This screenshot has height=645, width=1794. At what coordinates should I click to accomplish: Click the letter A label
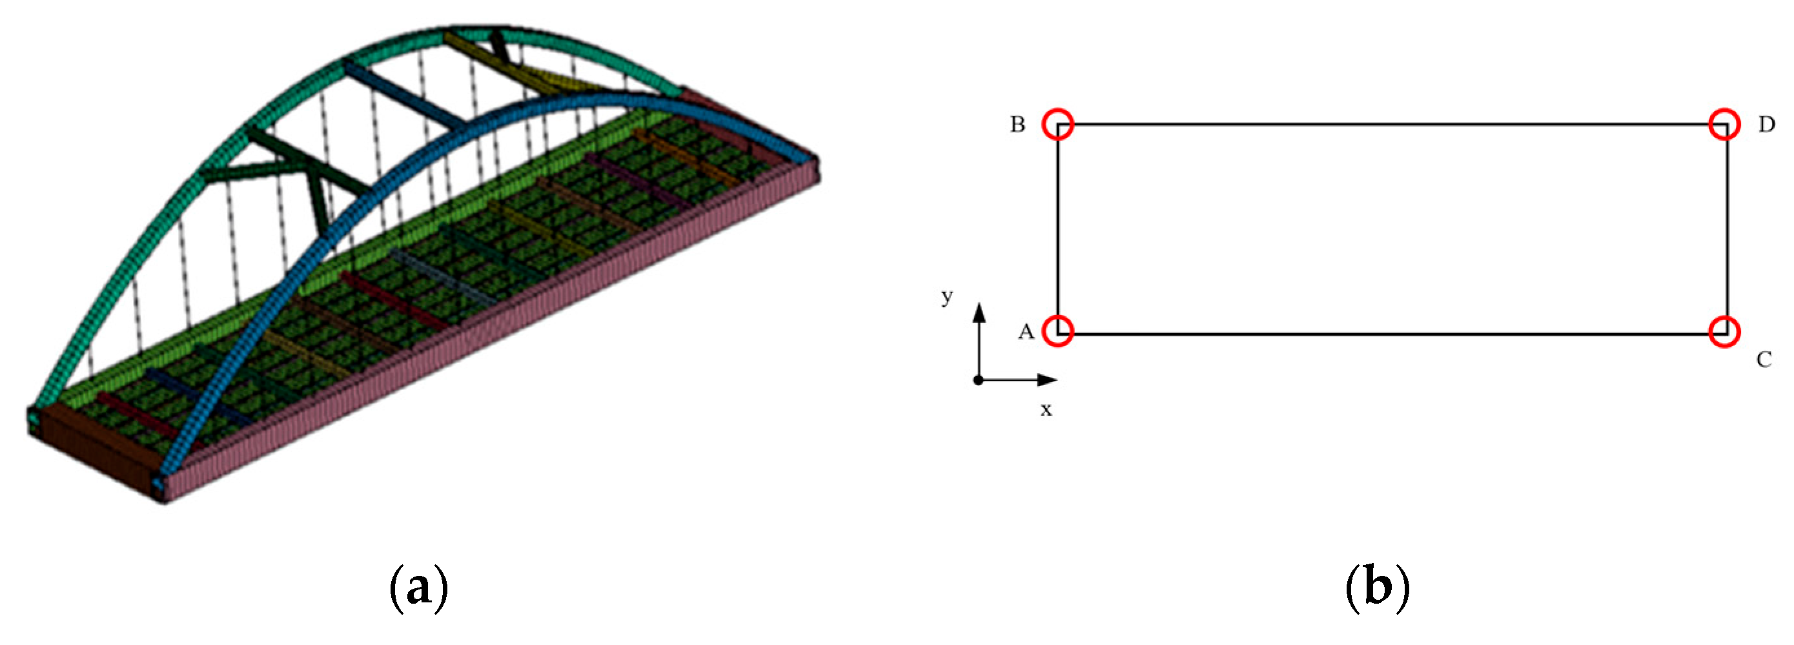coord(1026,333)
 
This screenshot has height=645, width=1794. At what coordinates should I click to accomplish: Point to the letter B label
coord(1017,125)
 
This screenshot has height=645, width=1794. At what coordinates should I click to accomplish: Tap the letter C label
coord(1764,360)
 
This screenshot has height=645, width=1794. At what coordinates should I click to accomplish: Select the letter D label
coord(1766,125)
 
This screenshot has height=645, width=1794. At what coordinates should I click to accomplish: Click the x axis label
coord(1046,410)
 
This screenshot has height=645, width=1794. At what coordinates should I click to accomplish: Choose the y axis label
coord(946,297)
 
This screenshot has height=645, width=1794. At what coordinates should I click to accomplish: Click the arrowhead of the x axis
coord(1048,380)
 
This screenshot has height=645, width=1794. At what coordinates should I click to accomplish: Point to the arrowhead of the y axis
coord(979,312)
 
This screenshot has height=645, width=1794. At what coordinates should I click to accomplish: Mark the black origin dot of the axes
coord(979,380)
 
